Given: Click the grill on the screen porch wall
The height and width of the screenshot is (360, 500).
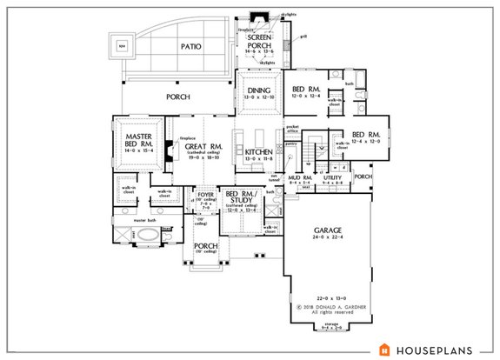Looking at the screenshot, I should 303,37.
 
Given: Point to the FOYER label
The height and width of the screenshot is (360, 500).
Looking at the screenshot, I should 203,197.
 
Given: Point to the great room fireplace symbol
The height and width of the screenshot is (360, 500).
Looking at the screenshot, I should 177,148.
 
